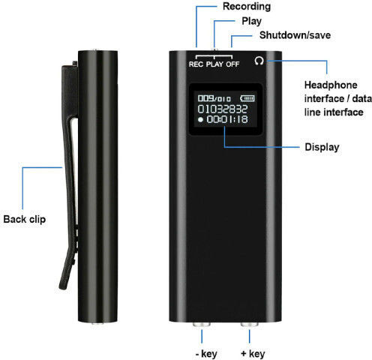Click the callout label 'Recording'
[247, 7]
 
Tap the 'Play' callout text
[251, 21]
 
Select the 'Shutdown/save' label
[295, 35]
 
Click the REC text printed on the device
[196, 64]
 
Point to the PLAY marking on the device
[214, 64]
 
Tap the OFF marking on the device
[232, 64]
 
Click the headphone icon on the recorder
[259, 61]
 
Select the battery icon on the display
[247, 98]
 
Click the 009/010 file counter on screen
[214, 98]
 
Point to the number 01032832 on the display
[223, 109]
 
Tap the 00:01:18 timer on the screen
[227, 119]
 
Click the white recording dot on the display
[200, 119]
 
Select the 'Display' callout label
[322, 147]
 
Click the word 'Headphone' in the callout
[331, 85]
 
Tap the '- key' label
[206, 354]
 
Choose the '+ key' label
[253, 354]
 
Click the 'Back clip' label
[25, 219]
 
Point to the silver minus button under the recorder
[202, 324]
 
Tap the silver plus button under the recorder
[250, 324]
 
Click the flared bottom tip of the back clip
[63, 286]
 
